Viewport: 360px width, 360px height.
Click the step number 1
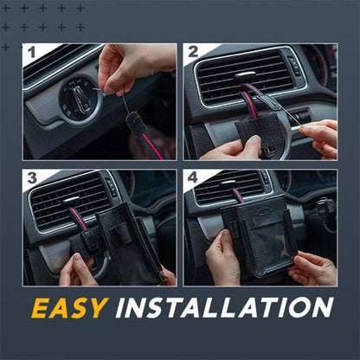click(x=31, y=54)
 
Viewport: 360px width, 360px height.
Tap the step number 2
click(x=193, y=54)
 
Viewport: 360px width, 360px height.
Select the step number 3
click(x=31, y=179)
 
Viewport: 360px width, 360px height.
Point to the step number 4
click(x=193, y=179)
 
